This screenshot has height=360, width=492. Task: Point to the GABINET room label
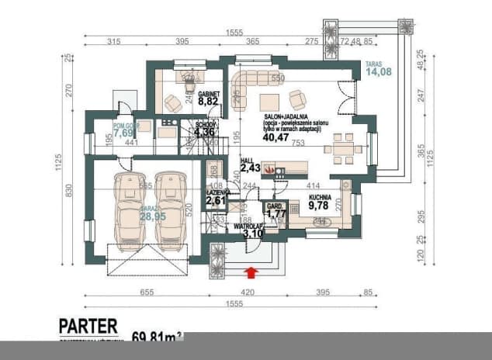click(209, 92)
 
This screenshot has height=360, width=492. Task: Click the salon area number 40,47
click(274, 137)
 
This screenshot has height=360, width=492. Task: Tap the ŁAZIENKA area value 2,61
click(217, 201)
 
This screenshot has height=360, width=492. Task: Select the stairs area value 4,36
click(206, 132)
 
